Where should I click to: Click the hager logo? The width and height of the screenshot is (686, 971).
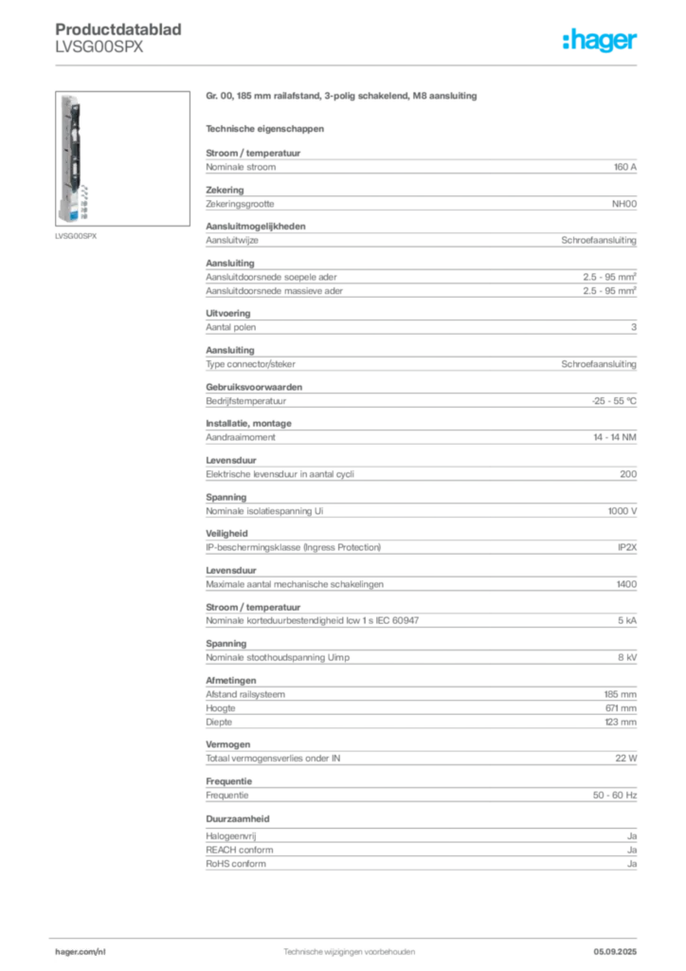click(600, 40)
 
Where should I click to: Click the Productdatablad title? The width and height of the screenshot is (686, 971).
click(118, 29)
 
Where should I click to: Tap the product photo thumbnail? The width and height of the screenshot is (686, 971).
click(122, 158)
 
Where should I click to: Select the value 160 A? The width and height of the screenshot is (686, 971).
click(624, 167)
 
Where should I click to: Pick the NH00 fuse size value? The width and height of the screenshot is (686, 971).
click(624, 204)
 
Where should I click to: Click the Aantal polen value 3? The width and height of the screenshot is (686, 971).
click(634, 327)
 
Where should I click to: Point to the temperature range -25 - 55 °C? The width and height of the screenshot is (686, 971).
click(614, 401)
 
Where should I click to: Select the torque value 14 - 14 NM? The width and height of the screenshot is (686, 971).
click(615, 437)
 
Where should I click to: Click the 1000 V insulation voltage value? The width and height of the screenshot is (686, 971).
click(623, 511)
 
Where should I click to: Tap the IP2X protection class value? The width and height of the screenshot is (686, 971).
click(627, 547)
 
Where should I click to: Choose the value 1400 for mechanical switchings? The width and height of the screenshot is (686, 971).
click(626, 584)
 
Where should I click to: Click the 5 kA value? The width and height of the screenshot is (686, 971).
click(627, 620)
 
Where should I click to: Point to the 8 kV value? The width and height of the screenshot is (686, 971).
click(627, 657)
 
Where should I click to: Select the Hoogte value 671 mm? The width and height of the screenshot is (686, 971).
click(621, 707)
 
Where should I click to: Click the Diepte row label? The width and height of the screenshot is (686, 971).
click(219, 722)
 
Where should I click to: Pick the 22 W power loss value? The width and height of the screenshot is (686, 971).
click(626, 758)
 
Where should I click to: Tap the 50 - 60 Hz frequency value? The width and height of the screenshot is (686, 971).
click(615, 796)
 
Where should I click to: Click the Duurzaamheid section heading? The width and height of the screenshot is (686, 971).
click(238, 818)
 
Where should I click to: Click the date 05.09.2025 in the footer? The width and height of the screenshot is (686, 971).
click(615, 952)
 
